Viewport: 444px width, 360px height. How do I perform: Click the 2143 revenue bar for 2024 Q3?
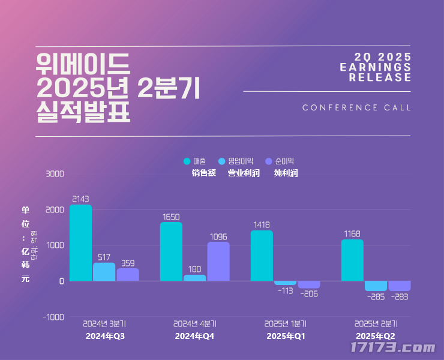(x=80, y=242)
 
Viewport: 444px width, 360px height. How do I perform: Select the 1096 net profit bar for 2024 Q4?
(x=218, y=261)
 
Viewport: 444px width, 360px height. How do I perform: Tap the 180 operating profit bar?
(x=194, y=278)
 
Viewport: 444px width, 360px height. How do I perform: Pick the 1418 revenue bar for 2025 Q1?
(x=262, y=256)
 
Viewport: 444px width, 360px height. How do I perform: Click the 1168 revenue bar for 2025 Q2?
(x=352, y=260)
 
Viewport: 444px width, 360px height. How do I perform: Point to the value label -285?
(x=376, y=296)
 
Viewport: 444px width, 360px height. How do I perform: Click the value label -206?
(x=309, y=293)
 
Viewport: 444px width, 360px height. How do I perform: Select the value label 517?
(x=104, y=257)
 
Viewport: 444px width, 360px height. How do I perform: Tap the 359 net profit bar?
(x=128, y=274)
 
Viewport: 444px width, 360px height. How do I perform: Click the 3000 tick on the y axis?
(x=55, y=174)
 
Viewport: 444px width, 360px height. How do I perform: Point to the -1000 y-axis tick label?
(x=53, y=317)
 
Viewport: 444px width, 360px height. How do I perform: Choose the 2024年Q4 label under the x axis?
(x=194, y=336)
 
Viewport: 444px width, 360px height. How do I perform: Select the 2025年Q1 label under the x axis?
(x=286, y=336)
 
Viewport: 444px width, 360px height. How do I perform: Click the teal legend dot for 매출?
(x=187, y=161)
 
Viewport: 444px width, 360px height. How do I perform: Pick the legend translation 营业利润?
(x=243, y=173)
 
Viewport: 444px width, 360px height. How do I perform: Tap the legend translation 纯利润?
(x=286, y=173)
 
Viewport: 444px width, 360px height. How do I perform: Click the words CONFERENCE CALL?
(x=356, y=108)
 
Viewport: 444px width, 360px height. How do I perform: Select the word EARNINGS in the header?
(x=376, y=67)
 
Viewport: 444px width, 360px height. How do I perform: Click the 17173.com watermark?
(x=392, y=347)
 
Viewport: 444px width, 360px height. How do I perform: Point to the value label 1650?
(x=171, y=217)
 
